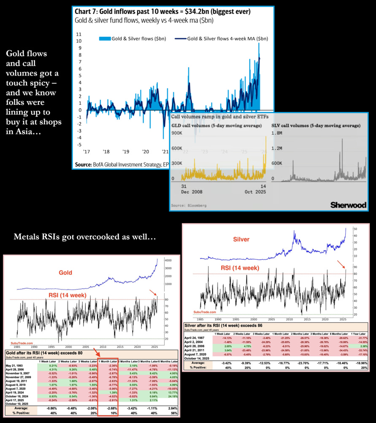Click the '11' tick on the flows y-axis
(78, 34)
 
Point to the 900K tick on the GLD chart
(177, 132)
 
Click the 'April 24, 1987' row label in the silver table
(199, 332)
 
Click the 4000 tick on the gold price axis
(168, 260)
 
